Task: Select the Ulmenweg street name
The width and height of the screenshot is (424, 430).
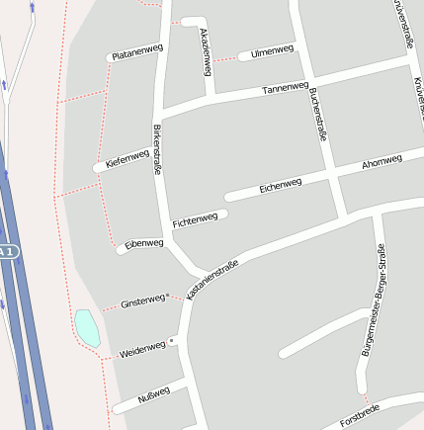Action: pyautogui.click(x=272, y=51)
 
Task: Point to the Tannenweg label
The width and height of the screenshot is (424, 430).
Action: pyautogui.click(x=286, y=89)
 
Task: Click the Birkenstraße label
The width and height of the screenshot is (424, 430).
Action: pyautogui.click(x=156, y=150)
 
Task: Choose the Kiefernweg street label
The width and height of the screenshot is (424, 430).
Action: pyautogui.click(x=127, y=159)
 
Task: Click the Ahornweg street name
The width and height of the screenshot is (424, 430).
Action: pyautogui.click(x=382, y=161)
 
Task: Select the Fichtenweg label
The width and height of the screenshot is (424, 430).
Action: pyautogui.click(x=194, y=218)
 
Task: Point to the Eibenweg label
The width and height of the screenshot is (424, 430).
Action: pyautogui.click(x=144, y=243)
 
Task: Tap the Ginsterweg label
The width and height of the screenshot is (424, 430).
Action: pyautogui.click(x=142, y=301)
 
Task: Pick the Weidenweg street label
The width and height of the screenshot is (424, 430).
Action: pyautogui.click(x=142, y=349)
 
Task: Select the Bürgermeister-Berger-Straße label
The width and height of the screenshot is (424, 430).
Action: pyautogui.click(x=374, y=302)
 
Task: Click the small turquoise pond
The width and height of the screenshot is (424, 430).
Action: pyautogui.click(x=87, y=327)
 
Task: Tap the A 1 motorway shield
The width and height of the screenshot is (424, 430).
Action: pyautogui.click(x=7, y=252)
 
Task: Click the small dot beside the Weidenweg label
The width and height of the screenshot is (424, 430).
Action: pyautogui.click(x=172, y=341)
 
